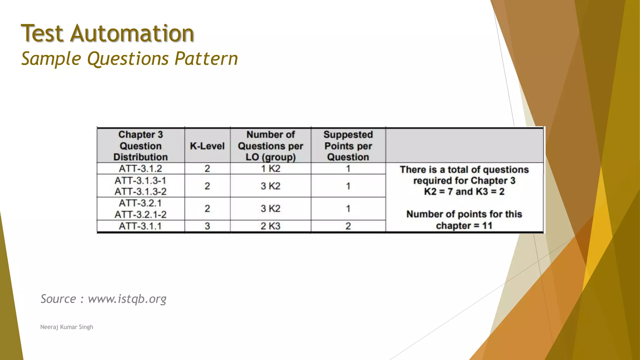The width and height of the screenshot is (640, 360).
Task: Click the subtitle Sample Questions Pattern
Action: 129,59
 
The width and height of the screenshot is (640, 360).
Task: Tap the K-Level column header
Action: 207,146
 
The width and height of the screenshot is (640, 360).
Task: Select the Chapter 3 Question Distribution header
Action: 141,146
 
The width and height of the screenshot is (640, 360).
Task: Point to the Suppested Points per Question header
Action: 348,146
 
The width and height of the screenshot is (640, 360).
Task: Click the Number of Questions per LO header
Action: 271,146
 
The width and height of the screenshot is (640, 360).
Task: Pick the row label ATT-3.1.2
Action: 141,169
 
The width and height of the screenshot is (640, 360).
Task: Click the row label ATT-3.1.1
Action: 141,226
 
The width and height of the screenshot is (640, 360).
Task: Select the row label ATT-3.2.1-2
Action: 141,215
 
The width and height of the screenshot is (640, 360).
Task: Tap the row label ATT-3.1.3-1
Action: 141,181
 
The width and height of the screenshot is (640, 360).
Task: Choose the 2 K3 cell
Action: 271,226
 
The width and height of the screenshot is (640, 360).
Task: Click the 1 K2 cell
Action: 271,169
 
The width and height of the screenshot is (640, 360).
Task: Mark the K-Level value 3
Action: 207,226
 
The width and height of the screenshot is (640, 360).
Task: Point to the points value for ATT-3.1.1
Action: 348,226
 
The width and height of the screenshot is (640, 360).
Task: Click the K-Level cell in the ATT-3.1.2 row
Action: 207,169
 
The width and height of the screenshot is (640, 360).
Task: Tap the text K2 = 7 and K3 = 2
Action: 464,192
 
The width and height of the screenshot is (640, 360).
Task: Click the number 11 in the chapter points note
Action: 487,226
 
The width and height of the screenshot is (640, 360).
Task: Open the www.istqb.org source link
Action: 127,299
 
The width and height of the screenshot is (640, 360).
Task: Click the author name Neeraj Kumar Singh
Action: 67,327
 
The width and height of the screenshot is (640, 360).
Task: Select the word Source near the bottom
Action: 58,299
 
